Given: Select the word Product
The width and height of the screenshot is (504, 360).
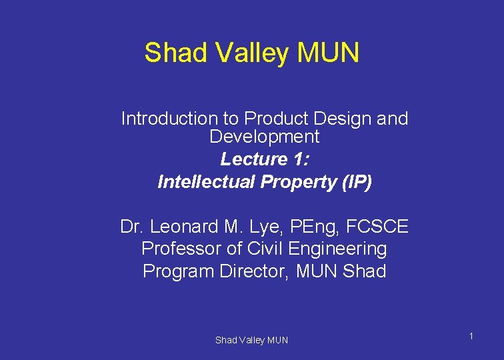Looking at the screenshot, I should (273, 119).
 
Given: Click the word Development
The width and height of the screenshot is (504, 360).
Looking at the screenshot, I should (264, 137).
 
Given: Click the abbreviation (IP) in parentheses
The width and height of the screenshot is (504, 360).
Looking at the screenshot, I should (355, 182).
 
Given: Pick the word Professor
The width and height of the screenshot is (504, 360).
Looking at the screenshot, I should (181, 249).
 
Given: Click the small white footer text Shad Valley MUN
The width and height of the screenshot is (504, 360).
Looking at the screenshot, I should (251, 341).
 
